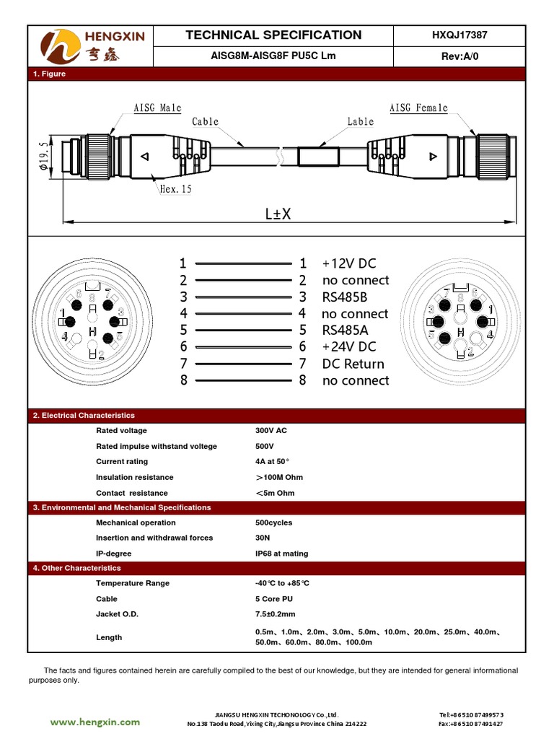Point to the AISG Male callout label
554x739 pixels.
click(x=157, y=108)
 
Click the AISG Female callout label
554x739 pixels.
click(x=418, y=108)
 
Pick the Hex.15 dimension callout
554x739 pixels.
click(x=175, y=189)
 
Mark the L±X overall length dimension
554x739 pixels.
click(x=278, y=214)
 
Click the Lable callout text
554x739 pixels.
click(x=360, y=121)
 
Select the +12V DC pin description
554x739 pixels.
click(x=349, y=263)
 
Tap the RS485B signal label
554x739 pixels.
click(x=345, y=297)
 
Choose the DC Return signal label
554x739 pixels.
click(x=353, y=364)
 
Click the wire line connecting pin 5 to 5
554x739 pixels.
click(x=243, y=331)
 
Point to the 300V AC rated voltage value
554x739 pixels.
click(x=271, y=430)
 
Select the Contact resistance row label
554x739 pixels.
click(x=131, y=493)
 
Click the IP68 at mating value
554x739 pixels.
click(x=281, y=554)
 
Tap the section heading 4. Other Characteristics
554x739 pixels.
click(x=77, y=568)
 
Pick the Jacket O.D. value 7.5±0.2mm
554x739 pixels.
click(x=275, y=614)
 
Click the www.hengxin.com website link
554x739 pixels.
click(x=95, y=722)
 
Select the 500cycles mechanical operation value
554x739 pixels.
click(x=273, y=522)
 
